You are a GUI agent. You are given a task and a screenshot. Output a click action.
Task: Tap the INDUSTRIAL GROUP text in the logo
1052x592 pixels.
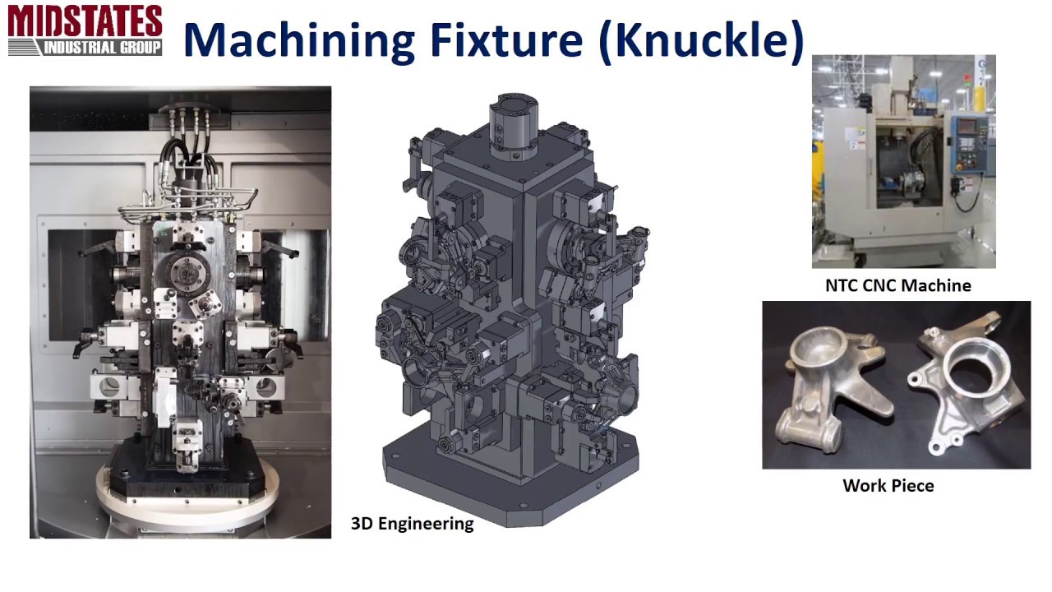(102, 48)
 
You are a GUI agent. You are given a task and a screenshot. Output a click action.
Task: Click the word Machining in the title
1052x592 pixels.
(299, 41)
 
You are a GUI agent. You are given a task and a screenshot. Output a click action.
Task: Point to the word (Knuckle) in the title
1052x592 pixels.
(702, 40)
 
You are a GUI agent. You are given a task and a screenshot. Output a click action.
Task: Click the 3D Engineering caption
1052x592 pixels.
(413, 524)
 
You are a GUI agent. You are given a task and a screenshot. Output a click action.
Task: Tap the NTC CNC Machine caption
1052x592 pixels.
(898, 285)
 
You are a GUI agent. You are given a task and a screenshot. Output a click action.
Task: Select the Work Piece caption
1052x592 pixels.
(888, 485)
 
